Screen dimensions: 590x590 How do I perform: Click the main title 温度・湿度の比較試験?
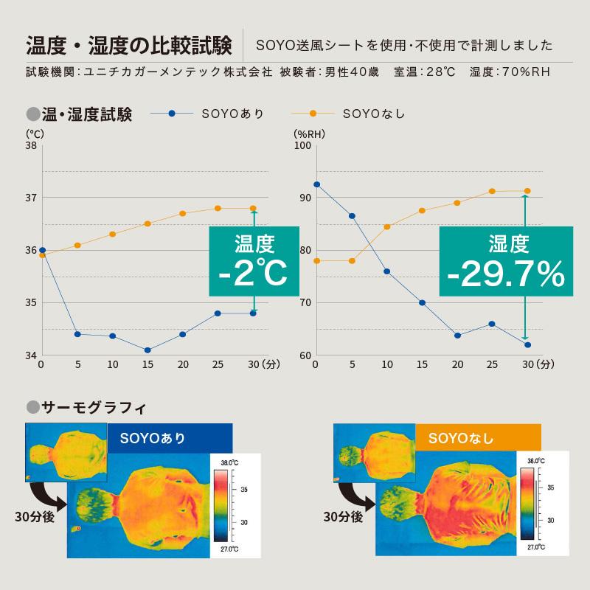coord(129,44)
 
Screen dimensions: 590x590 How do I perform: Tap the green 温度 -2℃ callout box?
coord(254,261)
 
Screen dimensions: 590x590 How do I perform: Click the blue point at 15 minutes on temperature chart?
coord(147,350)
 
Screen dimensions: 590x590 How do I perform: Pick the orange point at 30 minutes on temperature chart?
coord(254,208)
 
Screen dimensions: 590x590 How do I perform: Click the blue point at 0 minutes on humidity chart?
coord(316,184)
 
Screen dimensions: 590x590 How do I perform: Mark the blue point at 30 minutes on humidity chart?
coord(528,344)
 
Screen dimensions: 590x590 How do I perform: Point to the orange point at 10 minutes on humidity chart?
coord(387,226)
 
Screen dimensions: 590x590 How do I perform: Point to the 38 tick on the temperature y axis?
coord(31,146)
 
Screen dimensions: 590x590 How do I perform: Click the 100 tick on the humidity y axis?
coord(302,146)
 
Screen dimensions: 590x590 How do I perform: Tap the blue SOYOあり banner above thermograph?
coord(170,438)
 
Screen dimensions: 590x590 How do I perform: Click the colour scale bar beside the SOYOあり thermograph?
coord(221,505)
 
